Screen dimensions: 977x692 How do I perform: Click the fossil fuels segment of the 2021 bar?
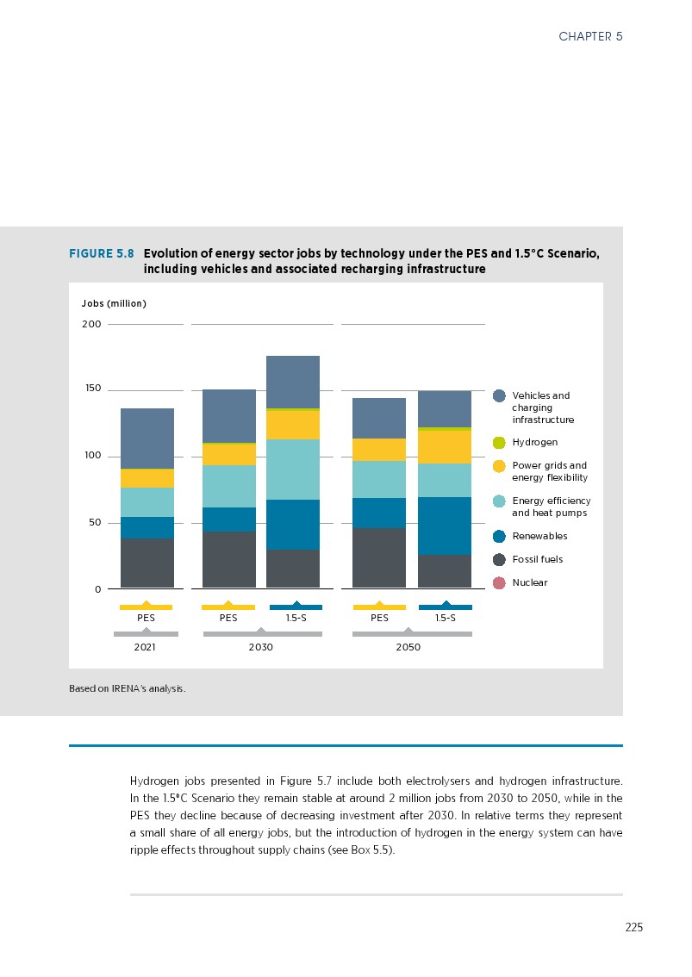click(x=147, y=563)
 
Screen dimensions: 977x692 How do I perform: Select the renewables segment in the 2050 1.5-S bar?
click(x=445, y=526)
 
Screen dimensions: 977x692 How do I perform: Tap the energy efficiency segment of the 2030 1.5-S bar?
click(x=293, y=470)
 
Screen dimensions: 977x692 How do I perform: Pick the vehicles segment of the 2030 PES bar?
click(x=228, y=416)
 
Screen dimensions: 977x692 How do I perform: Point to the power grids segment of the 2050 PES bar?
click(x=379, y=450)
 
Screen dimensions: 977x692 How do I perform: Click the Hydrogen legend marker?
click(x=499, y=443)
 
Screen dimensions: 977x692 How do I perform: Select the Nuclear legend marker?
click(x=499, y=583)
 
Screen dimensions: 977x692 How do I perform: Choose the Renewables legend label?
click(x=539, y=537)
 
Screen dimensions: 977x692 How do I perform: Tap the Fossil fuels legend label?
click(x=537, y=560)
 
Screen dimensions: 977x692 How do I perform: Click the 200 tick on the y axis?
click(x=92, y=325)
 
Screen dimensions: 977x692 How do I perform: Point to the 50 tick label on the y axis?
click(x=92, y=523)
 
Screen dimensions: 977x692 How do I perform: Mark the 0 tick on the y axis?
click(x=97, y=589)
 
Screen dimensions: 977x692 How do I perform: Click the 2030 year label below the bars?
click(x=260, y=648)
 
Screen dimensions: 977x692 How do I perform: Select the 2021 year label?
click(x=146, y=648)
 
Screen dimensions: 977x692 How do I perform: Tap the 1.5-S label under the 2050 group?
click(x=446, y=618)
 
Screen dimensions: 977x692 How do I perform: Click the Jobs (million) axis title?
click(x=114, y=304)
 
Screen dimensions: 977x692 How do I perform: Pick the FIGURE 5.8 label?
click(x=102, y=254)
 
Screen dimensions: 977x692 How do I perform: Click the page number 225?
click(x=633, y=928)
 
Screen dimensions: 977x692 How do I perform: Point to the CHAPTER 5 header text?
click(x=590, y=36)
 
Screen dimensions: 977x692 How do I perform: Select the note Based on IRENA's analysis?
click(x=128, y=689)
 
